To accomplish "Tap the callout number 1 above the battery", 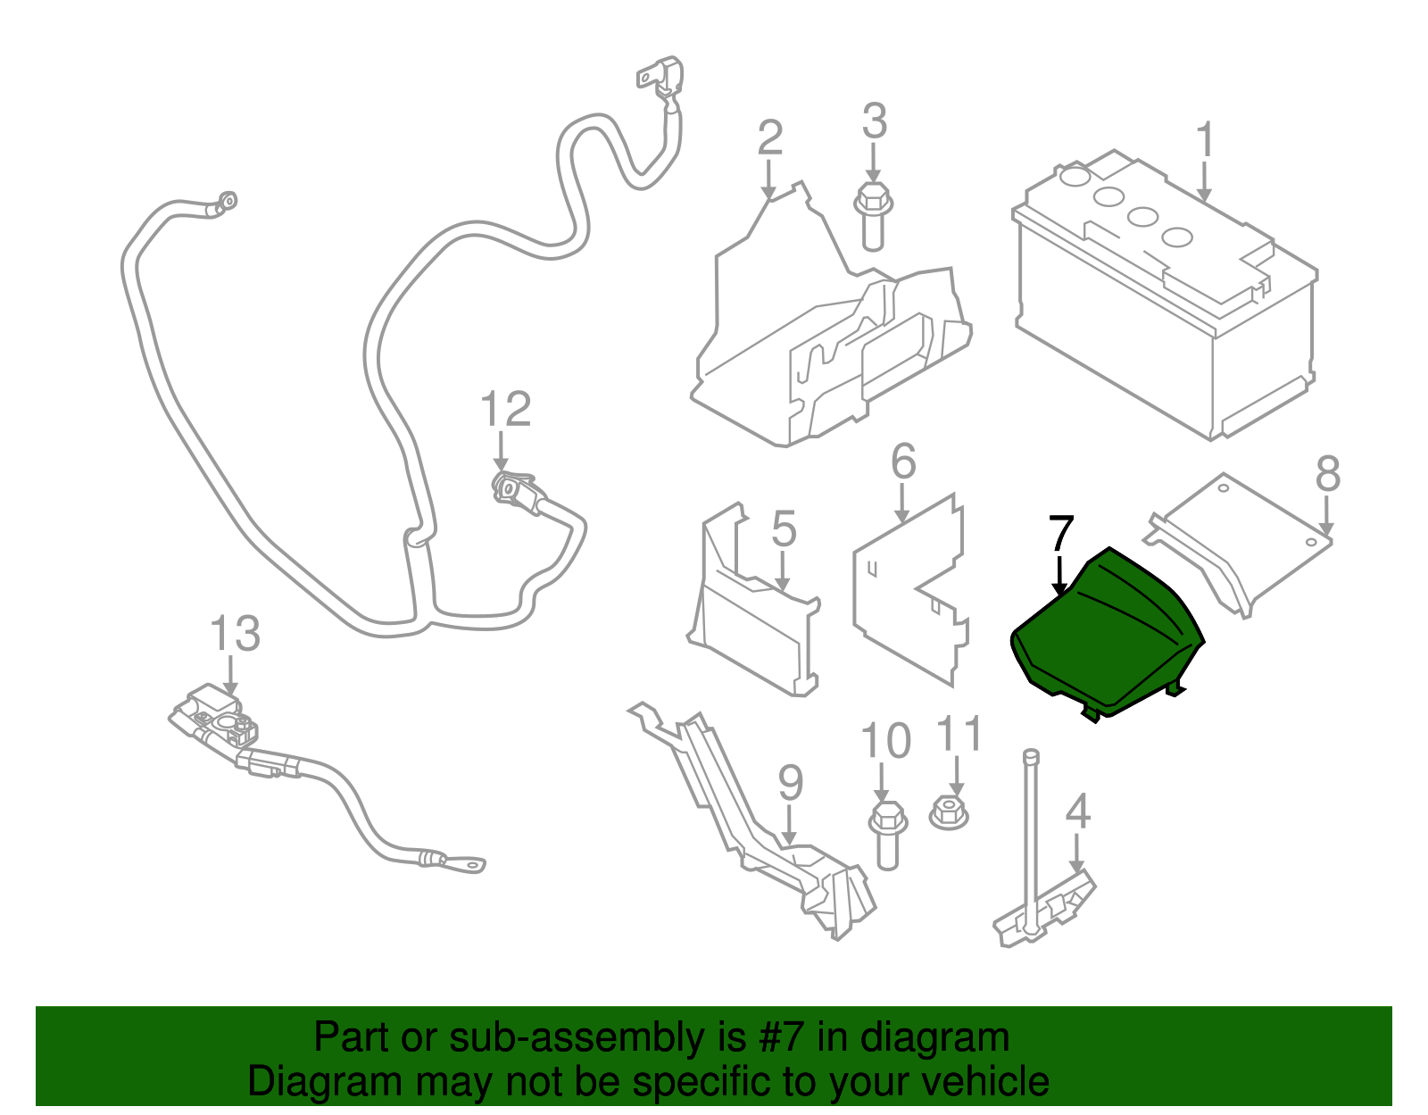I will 1205,141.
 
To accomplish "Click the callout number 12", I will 505,410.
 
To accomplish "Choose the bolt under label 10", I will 887,835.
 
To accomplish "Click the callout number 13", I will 235,634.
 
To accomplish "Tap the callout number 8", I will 1327,474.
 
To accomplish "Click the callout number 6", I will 903,462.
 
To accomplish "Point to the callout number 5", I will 783,529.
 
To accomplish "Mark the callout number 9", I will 790,783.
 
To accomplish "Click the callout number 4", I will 1077,811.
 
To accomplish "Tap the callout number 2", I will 769,138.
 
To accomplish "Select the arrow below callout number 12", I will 501,450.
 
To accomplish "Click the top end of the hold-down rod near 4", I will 1031,756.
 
